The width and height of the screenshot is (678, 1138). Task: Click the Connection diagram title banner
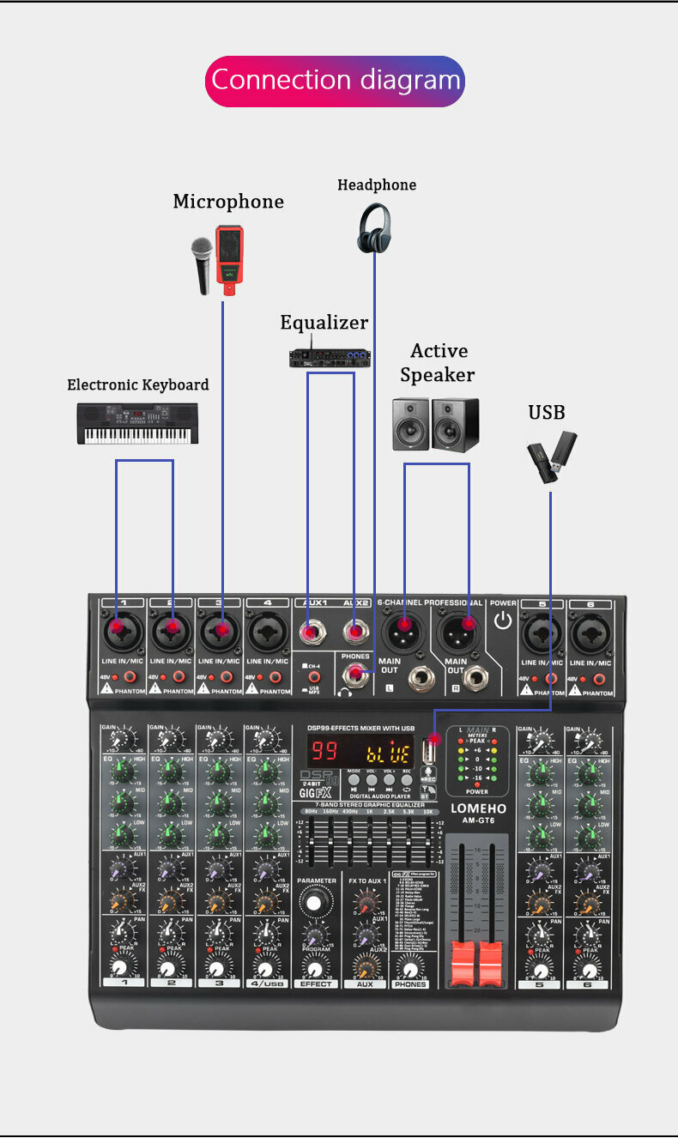335,81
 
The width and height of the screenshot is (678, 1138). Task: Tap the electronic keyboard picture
137,423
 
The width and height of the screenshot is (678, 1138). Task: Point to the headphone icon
374,228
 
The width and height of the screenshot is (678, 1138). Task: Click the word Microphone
228,202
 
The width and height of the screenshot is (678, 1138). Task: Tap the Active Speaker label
437,362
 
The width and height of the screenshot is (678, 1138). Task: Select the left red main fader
463,962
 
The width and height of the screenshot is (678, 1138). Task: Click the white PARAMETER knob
316,902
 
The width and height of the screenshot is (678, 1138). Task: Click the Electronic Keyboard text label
138,384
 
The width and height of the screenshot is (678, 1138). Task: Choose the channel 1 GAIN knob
124,737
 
